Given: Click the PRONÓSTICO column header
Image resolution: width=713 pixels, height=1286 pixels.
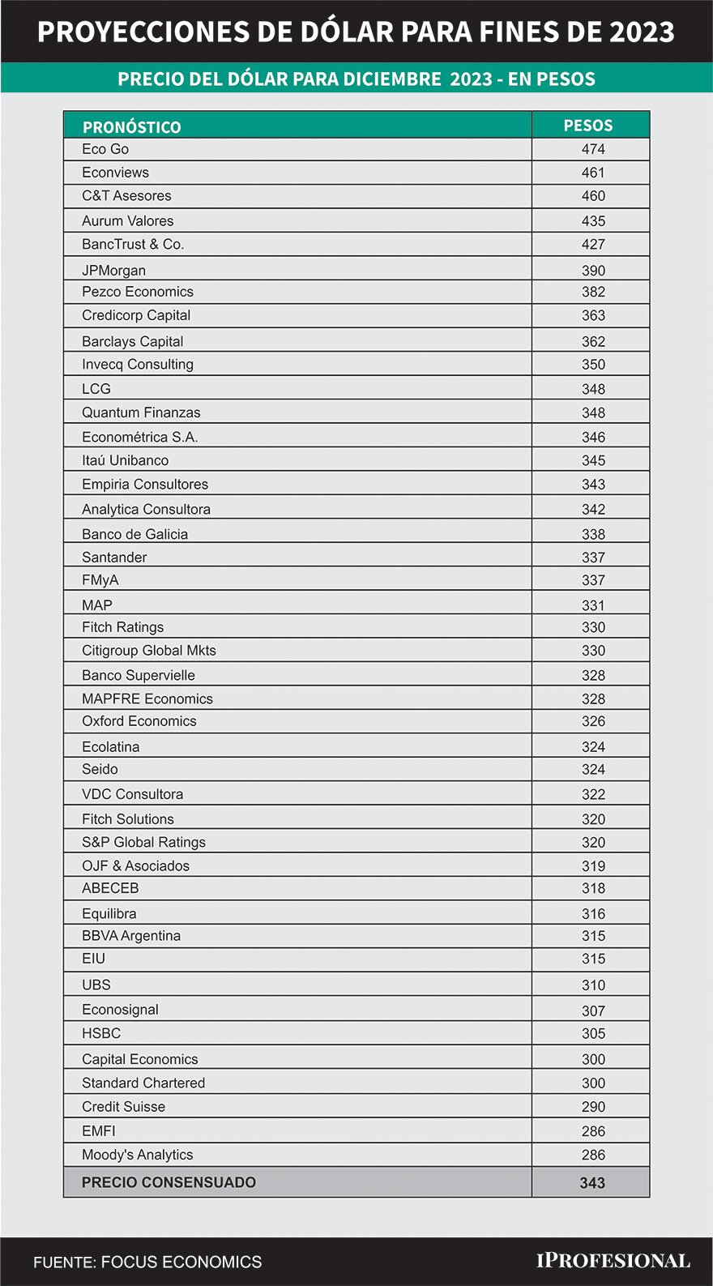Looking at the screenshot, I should tap(131, 126).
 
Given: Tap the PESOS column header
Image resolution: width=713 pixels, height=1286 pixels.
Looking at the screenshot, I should tap(588, 126).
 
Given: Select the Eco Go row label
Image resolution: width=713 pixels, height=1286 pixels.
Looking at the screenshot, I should tap(105, 149).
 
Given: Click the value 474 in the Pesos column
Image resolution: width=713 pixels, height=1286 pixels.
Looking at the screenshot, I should tap(593, 149).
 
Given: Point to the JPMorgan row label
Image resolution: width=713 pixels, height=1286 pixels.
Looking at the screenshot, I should tap(113, 271).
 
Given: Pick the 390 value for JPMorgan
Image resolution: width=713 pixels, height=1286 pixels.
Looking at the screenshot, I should tap(593, 271).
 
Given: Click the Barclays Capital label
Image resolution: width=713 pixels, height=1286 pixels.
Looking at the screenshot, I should tap(132, 341).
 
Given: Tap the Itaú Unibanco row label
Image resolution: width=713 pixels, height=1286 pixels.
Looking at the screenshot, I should tap(125, 460).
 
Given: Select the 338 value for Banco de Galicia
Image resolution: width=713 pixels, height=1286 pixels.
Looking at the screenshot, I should tap(593, 534).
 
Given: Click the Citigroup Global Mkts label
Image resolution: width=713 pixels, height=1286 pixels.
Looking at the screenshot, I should tap(148, 650).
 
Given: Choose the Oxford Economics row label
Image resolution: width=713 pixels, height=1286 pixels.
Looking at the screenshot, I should tap(139, 721).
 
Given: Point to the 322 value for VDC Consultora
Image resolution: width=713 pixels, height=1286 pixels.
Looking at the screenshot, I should tap(593, 794).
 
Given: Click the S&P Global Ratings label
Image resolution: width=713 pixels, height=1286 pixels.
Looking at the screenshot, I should tap(143, 842).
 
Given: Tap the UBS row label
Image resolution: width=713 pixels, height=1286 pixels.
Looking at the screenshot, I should tap(96, 985).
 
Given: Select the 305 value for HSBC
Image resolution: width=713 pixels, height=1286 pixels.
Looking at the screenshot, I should tap(593, 1033).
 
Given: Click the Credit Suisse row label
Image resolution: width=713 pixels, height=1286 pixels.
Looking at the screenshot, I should tap(123, 1106).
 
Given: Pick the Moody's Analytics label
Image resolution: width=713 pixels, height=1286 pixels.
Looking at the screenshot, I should tap(137, 1155).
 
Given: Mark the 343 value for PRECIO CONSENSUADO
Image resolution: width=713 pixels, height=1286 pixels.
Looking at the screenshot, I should tap(592, 1182).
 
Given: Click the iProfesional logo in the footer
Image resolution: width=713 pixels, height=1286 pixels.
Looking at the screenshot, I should tap(613, 1261).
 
